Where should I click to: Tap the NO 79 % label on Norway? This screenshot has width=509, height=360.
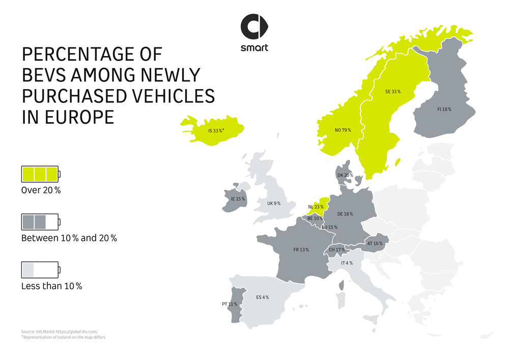click(x=343, y=130)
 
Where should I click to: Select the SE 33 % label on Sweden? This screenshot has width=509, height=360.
click(x=392, y=92)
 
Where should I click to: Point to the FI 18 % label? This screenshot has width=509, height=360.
click(x=444, y=109)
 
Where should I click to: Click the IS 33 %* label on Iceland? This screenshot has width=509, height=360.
click(x=216, y=131)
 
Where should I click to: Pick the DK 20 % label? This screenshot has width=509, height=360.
click(x=345, y=176)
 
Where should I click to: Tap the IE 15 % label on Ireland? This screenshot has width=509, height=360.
click(x=238, y=199)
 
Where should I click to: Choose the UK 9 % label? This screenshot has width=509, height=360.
click(x=274, y=203)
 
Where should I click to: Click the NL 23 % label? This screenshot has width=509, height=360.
click(x=316, y=207)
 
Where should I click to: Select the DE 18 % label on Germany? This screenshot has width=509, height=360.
click(x=345, y=214)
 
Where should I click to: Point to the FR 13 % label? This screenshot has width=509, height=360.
click(x=301, y=250)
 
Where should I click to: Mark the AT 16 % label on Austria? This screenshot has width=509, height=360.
click(x=375, y=244)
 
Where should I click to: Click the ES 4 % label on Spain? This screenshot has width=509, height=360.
click(x=262, y=297)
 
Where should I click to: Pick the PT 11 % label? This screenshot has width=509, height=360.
click(x=230, y=304)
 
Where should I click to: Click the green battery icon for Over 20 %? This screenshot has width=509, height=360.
click(x=40, y=174)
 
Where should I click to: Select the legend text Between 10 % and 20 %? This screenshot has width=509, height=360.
click(x=69, y=238)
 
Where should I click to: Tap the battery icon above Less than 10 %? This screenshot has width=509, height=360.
click(x=40, y=270)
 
